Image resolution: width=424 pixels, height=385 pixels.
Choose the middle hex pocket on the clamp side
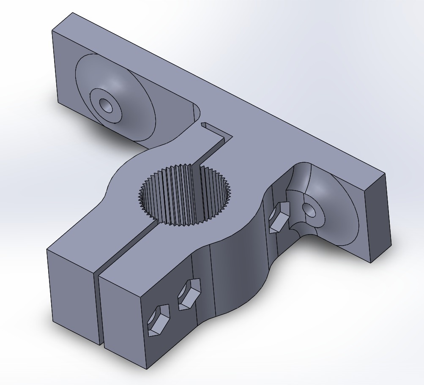tap(188, 294)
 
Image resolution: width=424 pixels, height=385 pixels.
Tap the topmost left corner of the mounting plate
tap(72, 13)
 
